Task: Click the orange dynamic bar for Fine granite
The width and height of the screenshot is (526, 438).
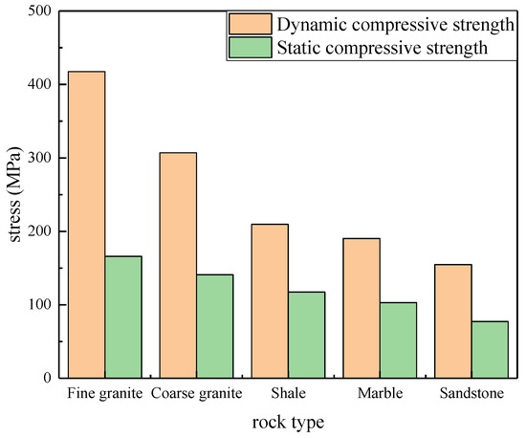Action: (87, 225)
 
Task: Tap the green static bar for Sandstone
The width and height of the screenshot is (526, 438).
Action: (489, 349)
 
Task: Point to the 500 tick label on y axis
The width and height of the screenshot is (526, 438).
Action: (39, 11)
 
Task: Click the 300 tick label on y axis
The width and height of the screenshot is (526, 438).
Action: (39, 158)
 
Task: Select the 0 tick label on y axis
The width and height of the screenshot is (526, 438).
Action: (46, 379)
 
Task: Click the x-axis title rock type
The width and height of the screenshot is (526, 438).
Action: (288, 421)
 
